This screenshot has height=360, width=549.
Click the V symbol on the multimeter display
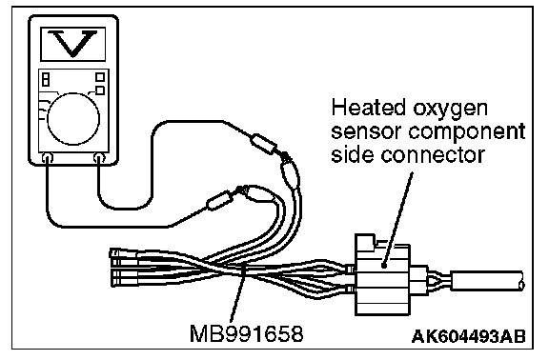pyautogui.click(x=72, y=43)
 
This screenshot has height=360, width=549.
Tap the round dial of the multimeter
pyautogui.click(x=73, y=119)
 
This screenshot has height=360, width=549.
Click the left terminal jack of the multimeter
pyautogui.click(x=48, y=158)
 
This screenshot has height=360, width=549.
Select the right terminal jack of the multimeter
pyautogui.click(x=99, y=158)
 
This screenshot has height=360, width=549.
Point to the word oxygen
pyautogui.click(x=450, y=110)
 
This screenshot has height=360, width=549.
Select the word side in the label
pyautogui.click(x=353, y=154)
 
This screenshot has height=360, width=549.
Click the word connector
pyautogui.click(x=433, y=155)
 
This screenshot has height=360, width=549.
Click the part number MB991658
pyautogui.click(x=246, y=333)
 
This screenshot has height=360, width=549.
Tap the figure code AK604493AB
pyautogui.click(x=469, y=336)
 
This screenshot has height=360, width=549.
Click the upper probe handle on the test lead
pyautogui.click(x=264, y=144)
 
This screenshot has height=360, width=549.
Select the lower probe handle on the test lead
pyautogui.click(x=219, y=200)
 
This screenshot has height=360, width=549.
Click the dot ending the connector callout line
pyautogui.click(x=384, y=266)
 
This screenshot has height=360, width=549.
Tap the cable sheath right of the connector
pyautogui.click(x=487, y=281)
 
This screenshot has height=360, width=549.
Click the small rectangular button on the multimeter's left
pyautogui.click(x=46, y=79)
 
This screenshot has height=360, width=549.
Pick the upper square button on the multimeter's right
pyautogui.click(x=100, y=76)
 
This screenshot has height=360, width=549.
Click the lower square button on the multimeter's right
pyautogui.click(x=100, y=90)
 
